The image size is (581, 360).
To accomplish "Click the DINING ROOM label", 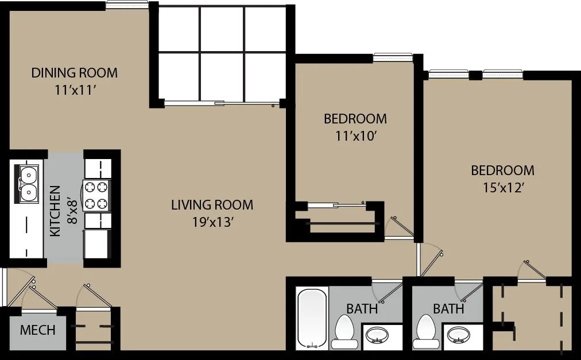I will click(x=74, y=73).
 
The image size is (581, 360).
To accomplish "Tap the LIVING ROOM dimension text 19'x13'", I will click(x=212, y=222).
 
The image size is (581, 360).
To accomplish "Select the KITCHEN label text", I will click(x=55, y=211).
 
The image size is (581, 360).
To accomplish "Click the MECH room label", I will click(x=37, y=330).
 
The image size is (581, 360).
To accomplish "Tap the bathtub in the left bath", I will click(x=312, y=319).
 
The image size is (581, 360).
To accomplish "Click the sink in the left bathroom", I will click(x=377, y=335).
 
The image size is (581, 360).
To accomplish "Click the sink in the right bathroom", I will click(x=458, y=335).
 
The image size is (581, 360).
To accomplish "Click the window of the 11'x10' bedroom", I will click(x=393, y=57).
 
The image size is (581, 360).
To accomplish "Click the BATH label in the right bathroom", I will click(x=448, y=309).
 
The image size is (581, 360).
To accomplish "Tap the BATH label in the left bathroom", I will click(x=362, y=309).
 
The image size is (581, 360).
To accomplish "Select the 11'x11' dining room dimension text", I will click(x=74, y=90).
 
